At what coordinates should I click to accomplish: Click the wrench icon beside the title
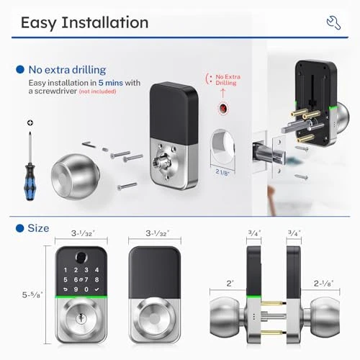tap(333, 22)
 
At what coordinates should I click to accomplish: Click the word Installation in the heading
tap(105, 22)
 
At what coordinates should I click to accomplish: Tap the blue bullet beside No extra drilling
tap(20, 70)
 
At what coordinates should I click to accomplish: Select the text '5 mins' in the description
tap(111, 83)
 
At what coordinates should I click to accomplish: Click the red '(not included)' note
tap(97, 91)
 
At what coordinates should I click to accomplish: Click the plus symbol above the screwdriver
tap(30, 123)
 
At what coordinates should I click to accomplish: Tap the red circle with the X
tap(223, 109)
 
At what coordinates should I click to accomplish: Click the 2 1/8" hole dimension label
tap(222, 172)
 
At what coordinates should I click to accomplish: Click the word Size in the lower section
tap(38, 228)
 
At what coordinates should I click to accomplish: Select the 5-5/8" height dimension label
tap(32, 294)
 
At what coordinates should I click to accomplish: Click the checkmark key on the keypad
tap(96, 289)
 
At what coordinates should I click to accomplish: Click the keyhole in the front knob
tap(81, 318)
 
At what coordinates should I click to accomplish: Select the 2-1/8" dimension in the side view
tap(323, 284)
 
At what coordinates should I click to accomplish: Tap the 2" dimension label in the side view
tap(230, 284)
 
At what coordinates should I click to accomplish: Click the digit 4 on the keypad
tap(96, 270)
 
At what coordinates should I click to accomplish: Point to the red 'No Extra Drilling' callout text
tap(228, 80)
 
